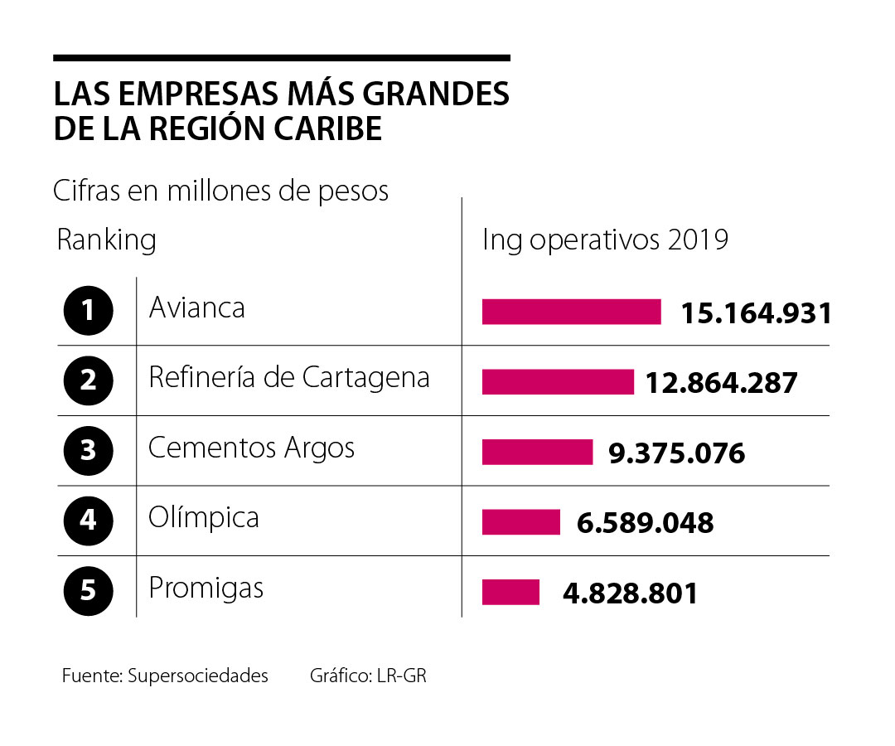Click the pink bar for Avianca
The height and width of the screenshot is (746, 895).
[x=571, y=312]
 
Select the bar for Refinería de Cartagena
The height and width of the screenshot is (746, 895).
[x=557, y=382]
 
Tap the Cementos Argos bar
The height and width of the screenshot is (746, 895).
[x=537, y=453]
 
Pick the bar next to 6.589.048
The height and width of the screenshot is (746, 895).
[x=520, y=522]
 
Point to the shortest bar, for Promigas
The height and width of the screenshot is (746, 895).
[x=510, y=593]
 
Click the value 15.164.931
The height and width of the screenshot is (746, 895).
[x=755, y=313]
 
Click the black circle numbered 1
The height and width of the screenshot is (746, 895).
[x=87, y=311]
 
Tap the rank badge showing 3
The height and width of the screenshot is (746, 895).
[x=87, y=451]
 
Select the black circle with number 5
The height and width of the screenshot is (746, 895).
[x=87, y=591]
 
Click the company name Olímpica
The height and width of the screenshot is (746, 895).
[x=203, y=518]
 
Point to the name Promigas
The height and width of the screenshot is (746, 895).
[x=206, y=589]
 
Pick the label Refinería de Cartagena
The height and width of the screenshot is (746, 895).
[x=288, y=378]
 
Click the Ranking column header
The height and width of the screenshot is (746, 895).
[x=106, y=240]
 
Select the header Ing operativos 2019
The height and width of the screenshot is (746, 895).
[x=605, y=240]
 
